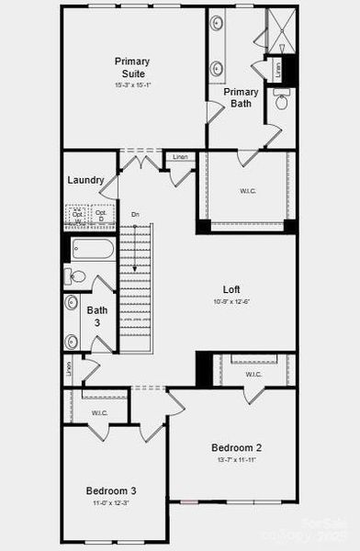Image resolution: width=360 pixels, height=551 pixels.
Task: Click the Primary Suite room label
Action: coord(132,67)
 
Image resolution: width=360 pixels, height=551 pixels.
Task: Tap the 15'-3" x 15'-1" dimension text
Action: coord(132,85)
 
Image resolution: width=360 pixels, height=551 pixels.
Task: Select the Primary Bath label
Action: coord(241,97)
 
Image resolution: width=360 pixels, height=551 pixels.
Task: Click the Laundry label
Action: coord(84,180)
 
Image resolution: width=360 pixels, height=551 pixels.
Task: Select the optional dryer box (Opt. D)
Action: coord(101,217)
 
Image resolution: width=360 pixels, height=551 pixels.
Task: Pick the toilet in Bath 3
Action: coord(77,276)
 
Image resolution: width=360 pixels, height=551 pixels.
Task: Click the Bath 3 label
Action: coord(97,316)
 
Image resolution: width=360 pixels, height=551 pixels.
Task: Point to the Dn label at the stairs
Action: coord(135,214)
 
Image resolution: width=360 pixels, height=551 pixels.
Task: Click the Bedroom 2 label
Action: coord(238,447)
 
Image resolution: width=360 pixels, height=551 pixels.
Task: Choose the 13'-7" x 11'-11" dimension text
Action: coord(238,459)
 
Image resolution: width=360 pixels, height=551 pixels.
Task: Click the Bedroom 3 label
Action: coord(112,490)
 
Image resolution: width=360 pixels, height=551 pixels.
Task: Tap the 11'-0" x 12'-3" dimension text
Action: coord(112,503)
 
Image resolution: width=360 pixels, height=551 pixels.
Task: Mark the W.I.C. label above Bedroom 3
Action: coord(99,413)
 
